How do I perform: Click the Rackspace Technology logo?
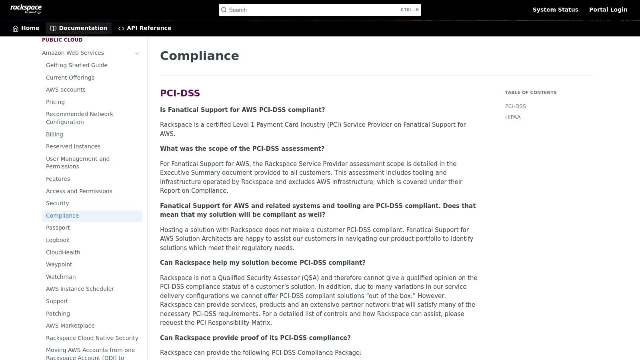click(26, 9)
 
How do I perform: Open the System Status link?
click(555, 10)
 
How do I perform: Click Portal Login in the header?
click(608, 10)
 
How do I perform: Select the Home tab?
click(26, 28)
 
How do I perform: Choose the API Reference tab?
click(145, 28)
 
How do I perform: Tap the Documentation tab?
click(79, 28)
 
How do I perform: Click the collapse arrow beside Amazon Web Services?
click(137, 53)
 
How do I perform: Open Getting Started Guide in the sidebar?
click(76, 65)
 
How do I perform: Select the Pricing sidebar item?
click(55, 102)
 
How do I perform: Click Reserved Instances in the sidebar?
click(73, 146)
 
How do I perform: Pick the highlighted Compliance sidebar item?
click(62, 216)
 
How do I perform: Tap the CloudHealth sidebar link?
click(63, 252)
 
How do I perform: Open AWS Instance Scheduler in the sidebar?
click(80, 289)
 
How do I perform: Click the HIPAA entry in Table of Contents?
click(512, 117)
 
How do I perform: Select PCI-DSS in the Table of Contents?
click(515, 106)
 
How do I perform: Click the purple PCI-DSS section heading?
click(180, 93)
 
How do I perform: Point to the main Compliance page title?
click(199, 56)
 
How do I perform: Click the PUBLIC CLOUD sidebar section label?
click(62, 40)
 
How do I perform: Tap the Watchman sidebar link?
click(61, 277)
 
